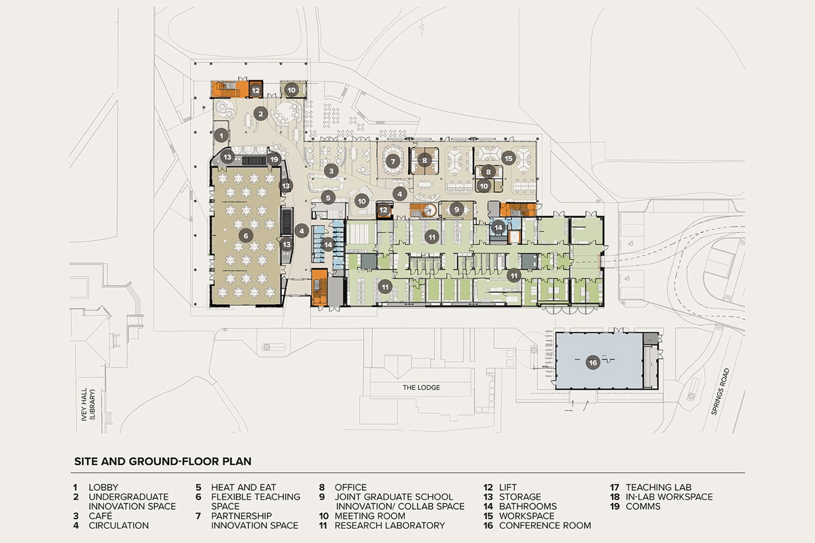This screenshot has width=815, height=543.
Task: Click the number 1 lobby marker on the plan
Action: pos(221,136)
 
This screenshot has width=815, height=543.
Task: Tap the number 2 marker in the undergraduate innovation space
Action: pos(261,114)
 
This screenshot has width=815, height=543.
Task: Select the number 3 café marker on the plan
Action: pos(331,170)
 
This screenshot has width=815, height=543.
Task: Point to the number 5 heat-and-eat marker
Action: pos(328,198)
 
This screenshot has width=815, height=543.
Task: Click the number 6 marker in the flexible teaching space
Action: pos(246,236)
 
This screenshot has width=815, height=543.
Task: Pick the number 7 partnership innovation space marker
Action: pos(393,161)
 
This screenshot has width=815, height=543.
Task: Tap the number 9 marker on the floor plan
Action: pos(456,210)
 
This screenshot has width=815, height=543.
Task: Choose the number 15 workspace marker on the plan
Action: pos(508,158)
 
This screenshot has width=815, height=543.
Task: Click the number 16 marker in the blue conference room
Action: pos(593,362)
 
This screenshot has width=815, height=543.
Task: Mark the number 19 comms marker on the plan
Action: pos(274,159)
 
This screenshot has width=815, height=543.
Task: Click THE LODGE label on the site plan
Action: pos(421,388)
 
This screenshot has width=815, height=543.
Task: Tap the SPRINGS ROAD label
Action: pos(721,392)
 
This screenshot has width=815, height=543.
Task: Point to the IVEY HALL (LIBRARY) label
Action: pos(88,405)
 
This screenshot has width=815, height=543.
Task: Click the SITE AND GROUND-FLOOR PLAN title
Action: pos(163,462)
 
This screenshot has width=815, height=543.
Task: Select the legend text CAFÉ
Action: pos(101,516)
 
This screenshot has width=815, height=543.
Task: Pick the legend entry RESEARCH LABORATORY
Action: pos(390,525)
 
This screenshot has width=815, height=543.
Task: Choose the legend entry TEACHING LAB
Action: pos(659,487)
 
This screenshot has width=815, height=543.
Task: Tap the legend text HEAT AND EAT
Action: pos(243,487)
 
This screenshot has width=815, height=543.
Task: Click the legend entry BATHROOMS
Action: pos(528,506)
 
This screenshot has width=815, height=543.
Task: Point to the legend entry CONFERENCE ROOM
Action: pos(545,525)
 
